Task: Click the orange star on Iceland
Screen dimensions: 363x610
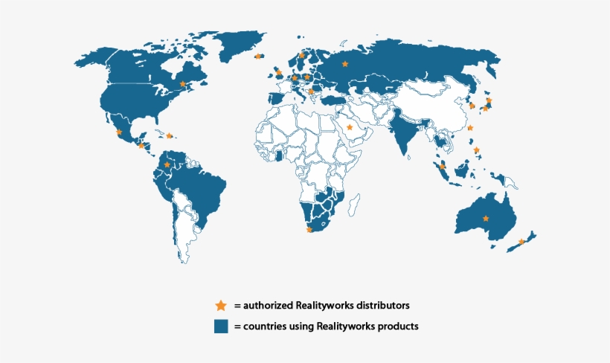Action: tap(258, 56)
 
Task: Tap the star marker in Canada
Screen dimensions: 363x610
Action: tap(183, 84)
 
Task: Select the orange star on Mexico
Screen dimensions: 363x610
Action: tap(119, 132)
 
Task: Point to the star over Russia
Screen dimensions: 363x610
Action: tap(344, 64)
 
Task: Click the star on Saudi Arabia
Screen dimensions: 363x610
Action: tap(350, 127)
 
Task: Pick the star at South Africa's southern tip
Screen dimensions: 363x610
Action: tap(309, 230)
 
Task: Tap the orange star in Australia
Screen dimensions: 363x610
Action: tap(486, 218)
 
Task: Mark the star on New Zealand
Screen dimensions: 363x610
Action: tap(521, 242)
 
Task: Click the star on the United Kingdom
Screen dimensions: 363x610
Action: tap(279, 73)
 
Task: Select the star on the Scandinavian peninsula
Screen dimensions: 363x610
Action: tap(301, 55)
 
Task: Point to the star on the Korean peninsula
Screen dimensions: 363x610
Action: tap(472, 106)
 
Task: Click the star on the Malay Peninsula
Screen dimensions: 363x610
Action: tap(443, 166)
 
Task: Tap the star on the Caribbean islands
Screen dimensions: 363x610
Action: tap(169, 135)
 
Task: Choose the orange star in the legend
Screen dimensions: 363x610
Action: tap(220, 305)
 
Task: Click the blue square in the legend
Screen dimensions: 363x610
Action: tap(221, 326)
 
